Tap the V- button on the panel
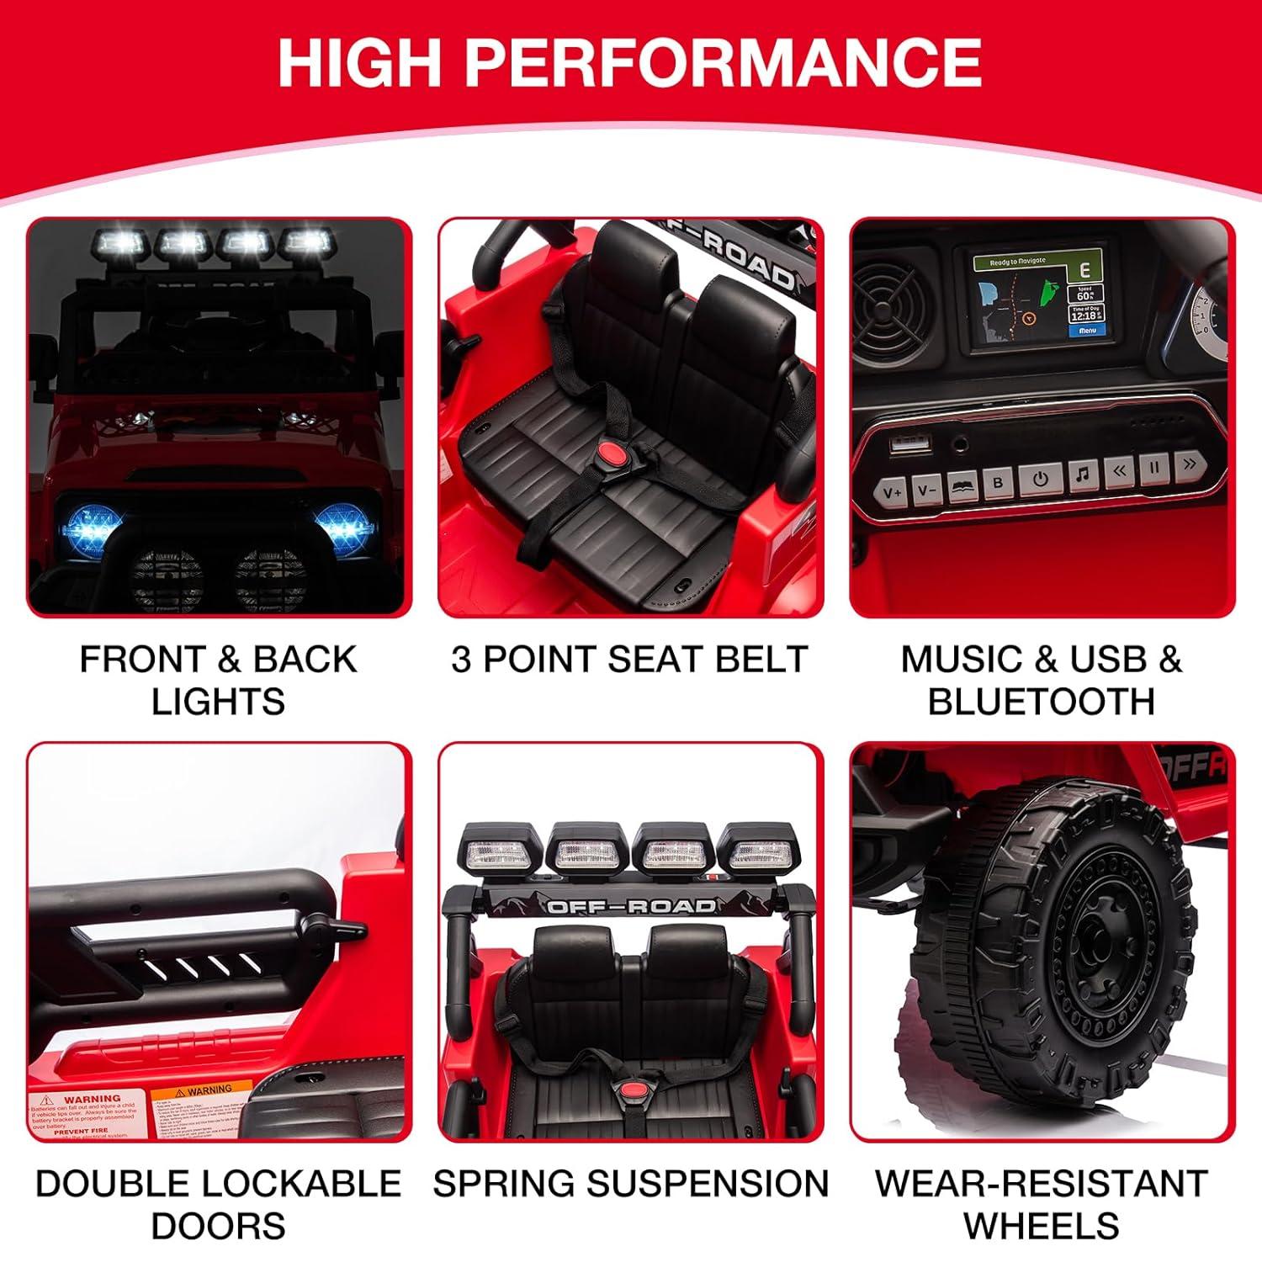pyautogui.click(x=927, y=488)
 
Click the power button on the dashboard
pyautogui.click(x=1041, y=478)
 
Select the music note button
pyautogui.click(x=1083, y=475)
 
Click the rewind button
pyautogui.click(x=1119, y=472)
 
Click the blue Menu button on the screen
pyautogui.click(x=1088, y=331)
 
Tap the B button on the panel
pyautogui.click(x=999, y=483)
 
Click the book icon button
pyautogui.click(x=962, y=485)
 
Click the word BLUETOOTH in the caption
pyautogui.click(x=1042, y=702)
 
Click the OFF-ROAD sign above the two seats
pyautogui.click(x=631, y=905)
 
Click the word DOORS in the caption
pyautogui.click(x=218, y=1226)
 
